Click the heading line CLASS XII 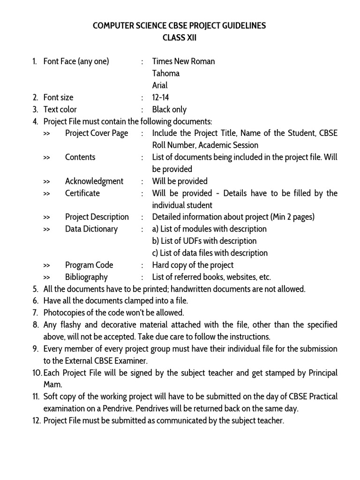tap(180, 38)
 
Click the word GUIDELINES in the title tap(242, 26)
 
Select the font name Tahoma tap(166, 74)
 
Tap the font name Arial tap(160, 86)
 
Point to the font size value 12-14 tap(160, 97)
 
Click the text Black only tap(169, 110)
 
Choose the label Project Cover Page tap(97, 133)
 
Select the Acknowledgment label tap(94, 181)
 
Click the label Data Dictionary tap(91, 229)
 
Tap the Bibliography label tap(86, 277)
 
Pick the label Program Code tap(89, 265)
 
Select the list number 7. tap(35, 313)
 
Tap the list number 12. tap(36, 421)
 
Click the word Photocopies tap(64, 313)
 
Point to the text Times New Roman tap(184, 61)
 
